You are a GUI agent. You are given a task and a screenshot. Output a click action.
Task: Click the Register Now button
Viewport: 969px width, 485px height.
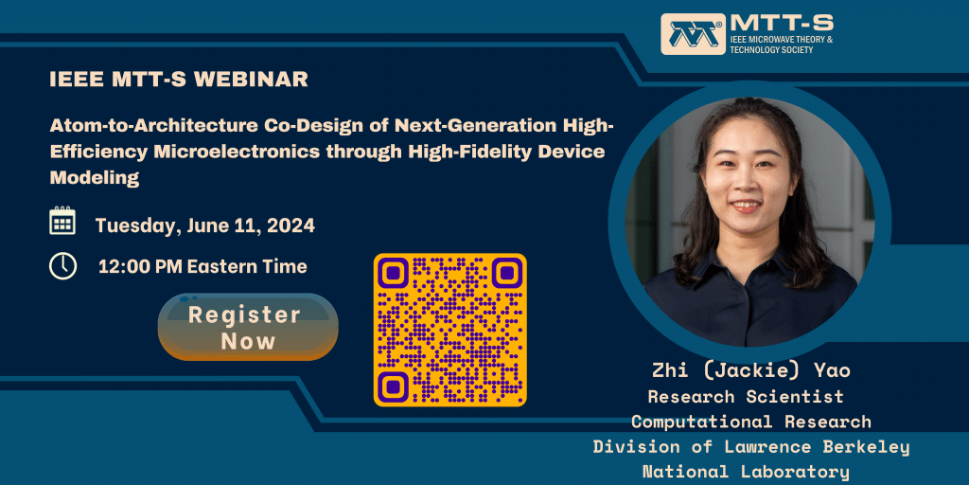(247, 327)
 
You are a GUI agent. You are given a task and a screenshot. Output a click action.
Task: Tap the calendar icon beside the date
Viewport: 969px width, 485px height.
(62, 222)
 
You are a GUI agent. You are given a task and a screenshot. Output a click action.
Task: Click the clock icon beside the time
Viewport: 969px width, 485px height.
(62, 266)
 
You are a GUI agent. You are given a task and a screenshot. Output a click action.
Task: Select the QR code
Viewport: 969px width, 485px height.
(449, 329)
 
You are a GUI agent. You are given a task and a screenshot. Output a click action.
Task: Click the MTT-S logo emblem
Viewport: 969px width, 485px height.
(693, 34)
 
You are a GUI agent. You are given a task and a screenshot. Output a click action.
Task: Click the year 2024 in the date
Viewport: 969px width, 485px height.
(291, 226)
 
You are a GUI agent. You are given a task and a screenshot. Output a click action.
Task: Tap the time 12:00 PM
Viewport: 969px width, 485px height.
(140, 267)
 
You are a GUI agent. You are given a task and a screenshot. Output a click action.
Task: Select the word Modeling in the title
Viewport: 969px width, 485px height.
(94, 177)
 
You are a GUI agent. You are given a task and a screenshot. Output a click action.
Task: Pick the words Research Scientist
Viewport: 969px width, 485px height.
(745, 396)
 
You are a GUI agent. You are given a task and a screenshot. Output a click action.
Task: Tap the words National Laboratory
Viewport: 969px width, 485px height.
(745, 471)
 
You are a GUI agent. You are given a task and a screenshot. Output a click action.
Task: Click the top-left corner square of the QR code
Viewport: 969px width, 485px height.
(394, 274)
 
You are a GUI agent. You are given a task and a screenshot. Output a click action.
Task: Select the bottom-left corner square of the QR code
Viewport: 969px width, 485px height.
(394, 386)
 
